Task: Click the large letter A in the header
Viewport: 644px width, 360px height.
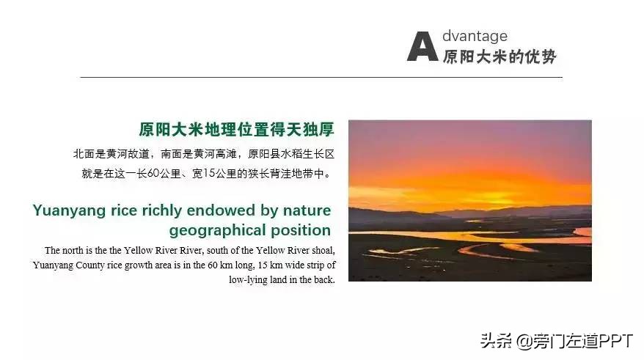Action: point(422,46)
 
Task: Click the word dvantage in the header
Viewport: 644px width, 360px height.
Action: point(475,36)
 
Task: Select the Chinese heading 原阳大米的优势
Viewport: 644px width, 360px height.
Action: point(500,56)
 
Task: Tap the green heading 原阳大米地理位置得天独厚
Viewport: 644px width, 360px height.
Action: point(237,129)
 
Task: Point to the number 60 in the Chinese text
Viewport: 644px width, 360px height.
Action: point(153,174)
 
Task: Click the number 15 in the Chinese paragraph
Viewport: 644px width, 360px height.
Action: point(209,174)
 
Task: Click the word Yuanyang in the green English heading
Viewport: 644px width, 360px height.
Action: point(70,211)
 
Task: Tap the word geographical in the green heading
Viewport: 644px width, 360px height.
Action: point(218,231)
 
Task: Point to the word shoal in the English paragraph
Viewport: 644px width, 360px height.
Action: point(323,251)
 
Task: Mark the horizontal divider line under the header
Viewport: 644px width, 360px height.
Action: point(321,77)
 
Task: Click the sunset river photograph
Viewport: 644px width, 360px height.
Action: point(470,201)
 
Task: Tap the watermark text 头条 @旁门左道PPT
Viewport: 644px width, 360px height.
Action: point(557,342)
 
